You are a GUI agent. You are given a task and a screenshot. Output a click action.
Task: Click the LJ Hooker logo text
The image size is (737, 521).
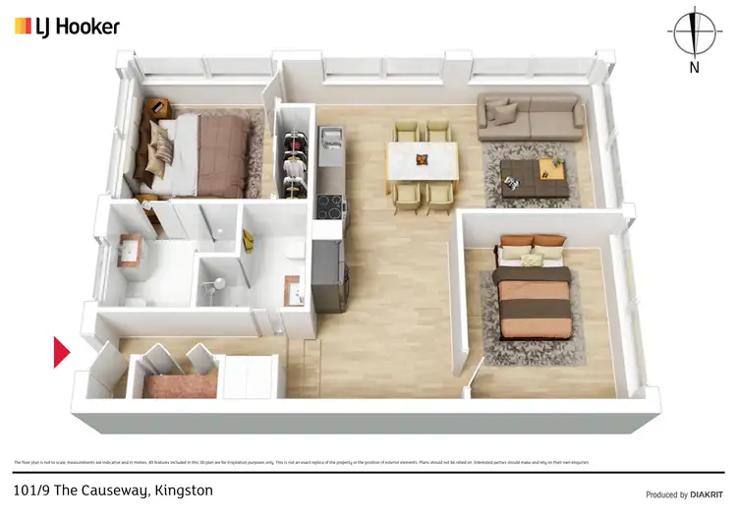pyautogui.click(x=78, y=26)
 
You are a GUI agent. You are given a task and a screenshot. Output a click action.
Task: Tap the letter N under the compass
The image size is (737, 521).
pyautogui.click(x=694, y=68)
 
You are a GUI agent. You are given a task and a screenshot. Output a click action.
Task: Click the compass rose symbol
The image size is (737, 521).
pyautogui.click(x=694, y=32)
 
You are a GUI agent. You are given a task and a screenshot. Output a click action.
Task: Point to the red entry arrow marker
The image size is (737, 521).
pyautogui.click(x=61, y=352)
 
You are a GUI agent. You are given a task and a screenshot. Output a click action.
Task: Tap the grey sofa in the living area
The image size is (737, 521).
pyautogui.click(x=530, y=119)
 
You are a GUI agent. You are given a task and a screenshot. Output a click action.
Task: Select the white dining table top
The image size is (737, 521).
pyautogui.click(x=424, y=160)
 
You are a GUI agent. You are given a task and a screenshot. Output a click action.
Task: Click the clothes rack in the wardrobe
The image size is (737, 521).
pyautogui.click(x=292, y=157)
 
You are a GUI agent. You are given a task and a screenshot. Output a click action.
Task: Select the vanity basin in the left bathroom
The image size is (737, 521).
pyautogui.click(x=131, y=250)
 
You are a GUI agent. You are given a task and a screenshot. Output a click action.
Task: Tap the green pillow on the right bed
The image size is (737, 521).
pyautogui.click(x=532, y=260)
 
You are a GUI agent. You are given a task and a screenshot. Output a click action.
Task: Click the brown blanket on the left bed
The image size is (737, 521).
pyautogui.click(x=222, y=153)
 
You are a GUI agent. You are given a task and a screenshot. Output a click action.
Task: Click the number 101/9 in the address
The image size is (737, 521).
pyautogui.click(x=36, y=491)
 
